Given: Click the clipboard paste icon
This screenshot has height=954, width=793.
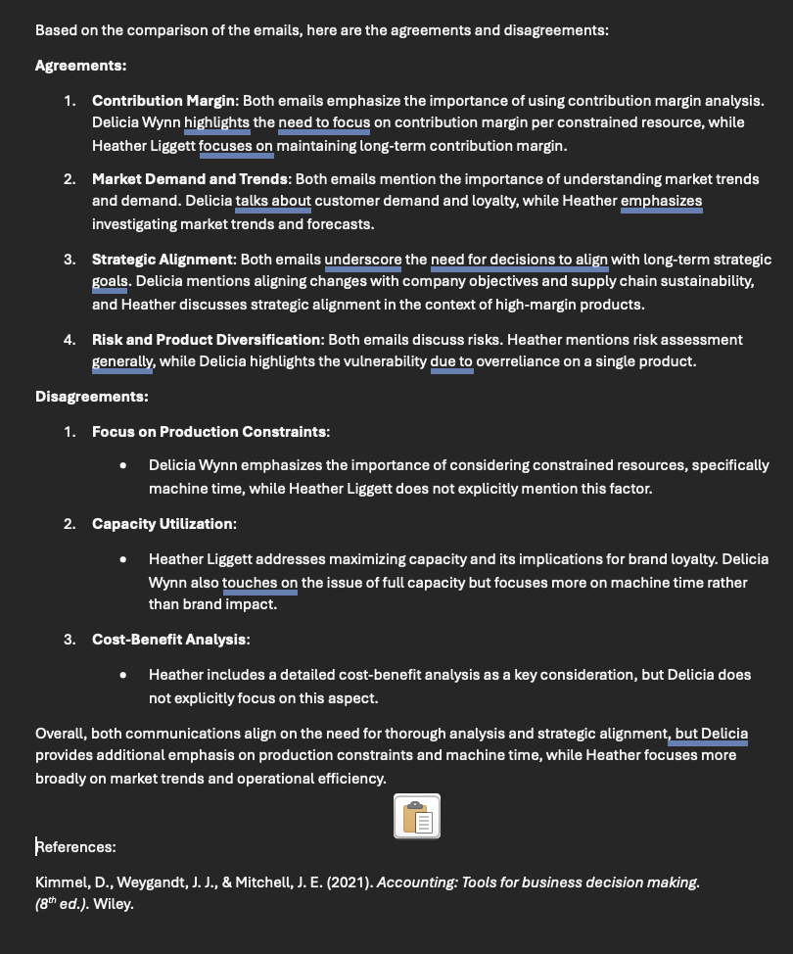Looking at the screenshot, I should coord(417,816).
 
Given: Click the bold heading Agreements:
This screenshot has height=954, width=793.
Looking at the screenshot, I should coord(80,66).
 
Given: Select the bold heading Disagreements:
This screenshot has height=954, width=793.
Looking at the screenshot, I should coord(91,397).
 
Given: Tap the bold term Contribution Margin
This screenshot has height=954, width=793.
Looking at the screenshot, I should coord(163,101).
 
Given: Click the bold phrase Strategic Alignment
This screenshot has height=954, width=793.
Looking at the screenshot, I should coord(163,260).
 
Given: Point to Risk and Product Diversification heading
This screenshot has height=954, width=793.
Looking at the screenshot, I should coord(207,340).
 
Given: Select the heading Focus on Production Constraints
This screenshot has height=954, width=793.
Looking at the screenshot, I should coord(210,432).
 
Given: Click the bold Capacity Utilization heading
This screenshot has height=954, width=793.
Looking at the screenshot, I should coord(163,524).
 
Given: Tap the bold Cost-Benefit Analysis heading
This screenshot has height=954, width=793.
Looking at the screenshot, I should coord(169,640).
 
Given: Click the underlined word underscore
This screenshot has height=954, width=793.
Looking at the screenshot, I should coord(362,260).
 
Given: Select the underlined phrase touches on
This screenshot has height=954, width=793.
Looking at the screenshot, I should coord(259,583).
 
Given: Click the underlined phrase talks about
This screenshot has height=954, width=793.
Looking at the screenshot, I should coord(273,203).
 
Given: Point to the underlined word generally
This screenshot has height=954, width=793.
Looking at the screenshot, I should coord(122,361).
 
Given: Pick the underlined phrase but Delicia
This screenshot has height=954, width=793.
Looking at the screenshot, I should coord(711,734).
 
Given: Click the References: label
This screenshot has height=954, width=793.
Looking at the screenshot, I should coord(76,847).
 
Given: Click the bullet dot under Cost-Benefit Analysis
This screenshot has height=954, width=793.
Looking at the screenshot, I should coord(122,675).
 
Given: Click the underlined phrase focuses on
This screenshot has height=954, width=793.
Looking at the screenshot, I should coord(236,146).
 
